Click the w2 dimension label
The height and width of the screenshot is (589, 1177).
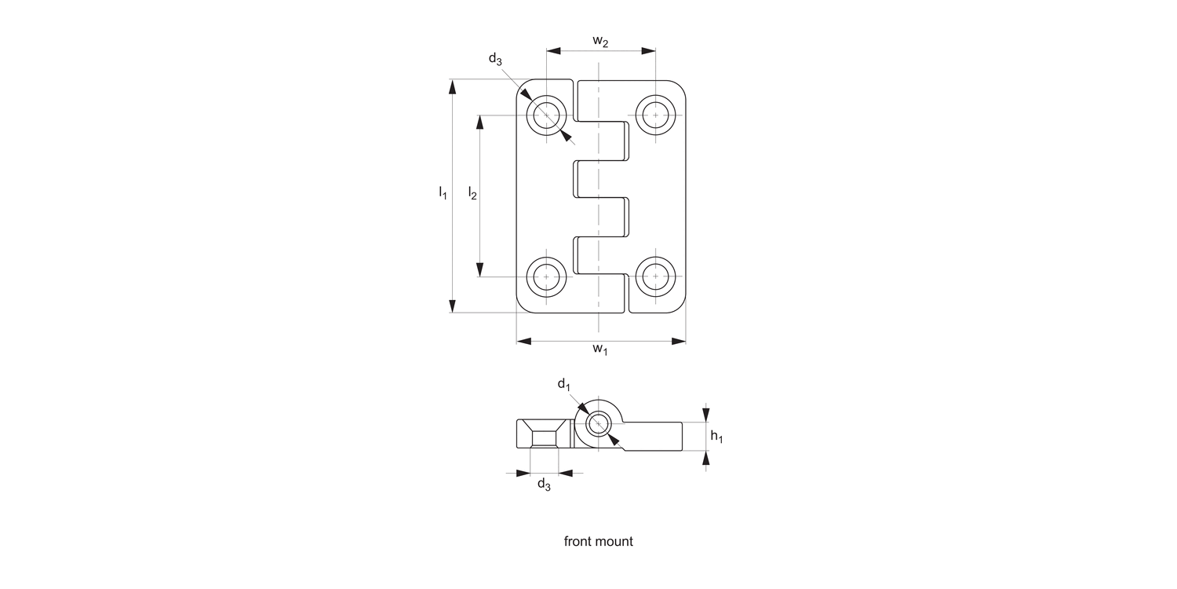pos(600,42)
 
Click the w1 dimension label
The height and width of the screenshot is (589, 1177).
pos(600,349)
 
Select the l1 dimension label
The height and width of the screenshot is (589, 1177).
pos(443,192)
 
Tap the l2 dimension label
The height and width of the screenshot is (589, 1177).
pos(472,192)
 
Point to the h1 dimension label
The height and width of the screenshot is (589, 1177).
pos(716,437)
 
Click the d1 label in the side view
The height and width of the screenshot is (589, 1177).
pos(563,384)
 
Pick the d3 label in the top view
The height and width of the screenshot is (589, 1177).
pos(495,59)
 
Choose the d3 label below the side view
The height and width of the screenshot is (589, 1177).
pos(544,485)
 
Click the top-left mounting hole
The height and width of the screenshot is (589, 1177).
pos(546,116)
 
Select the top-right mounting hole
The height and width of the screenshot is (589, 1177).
pos(654,116)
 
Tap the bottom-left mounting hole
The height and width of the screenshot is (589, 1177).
pos(546,276)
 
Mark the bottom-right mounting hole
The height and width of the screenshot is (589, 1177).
pos(654,276)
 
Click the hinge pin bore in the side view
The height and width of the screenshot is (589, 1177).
pos(599,424)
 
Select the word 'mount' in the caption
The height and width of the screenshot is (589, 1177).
pos(616,541)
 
